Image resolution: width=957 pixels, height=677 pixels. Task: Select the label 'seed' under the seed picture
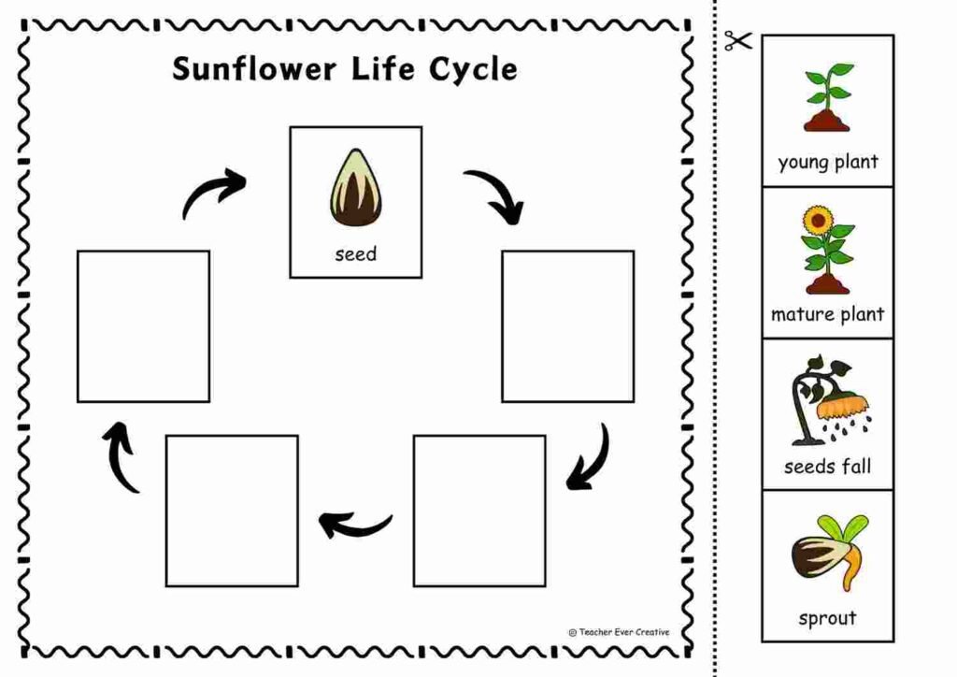tap(355, 253)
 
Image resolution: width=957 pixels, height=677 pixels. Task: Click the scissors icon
tap(737, 41)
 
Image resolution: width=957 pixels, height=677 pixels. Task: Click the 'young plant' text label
tap(828, 162)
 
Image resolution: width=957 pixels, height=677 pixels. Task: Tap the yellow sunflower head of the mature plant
tap(820, 221)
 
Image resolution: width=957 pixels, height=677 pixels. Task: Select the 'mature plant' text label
tap(827, 314)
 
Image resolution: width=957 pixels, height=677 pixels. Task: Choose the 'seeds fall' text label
tap(827, 466)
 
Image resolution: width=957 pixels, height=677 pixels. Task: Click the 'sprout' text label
tap(827, 617)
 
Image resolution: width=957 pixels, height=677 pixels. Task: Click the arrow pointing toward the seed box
tap(212, 193)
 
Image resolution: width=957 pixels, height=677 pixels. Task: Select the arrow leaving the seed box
tap(496, 194)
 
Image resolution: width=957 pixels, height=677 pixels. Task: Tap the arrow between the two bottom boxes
tap(354, 525)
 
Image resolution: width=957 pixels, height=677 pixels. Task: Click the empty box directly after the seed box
tap(567, 325)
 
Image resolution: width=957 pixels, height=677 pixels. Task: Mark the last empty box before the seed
tap(143, 325)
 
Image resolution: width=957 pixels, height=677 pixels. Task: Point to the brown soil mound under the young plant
tap(827, 120)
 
